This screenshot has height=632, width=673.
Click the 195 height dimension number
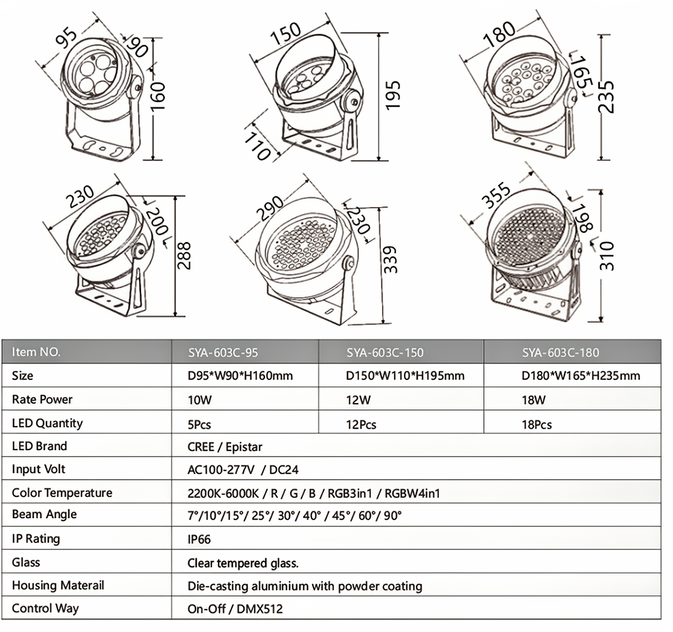(x=393, y=96)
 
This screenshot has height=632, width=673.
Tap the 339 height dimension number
(x=390, y=260)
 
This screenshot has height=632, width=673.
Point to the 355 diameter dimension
(x=496, y=195)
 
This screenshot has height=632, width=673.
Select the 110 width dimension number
(x=257, y=147)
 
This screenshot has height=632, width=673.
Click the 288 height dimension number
(x=184, y=256)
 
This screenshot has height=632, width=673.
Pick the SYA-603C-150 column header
(x=385, y=353)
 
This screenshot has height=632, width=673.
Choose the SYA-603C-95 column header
(x=223, y=353)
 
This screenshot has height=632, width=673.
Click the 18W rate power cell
(x=534, y=400)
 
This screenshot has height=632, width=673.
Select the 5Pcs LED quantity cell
(x=199, y=424)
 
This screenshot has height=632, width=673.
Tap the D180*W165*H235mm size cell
(x=580, y=376)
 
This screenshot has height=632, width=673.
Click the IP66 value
(x=199, y=539)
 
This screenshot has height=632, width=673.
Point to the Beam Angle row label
(x=44, y=514)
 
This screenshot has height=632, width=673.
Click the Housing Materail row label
(x=58, y=585)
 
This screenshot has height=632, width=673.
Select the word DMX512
(x=260, y=609)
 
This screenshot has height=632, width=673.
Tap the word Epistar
(x=244, y=447)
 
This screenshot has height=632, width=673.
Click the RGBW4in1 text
(x=412, y=493)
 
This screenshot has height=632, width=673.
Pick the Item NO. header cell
(x=36, y=352)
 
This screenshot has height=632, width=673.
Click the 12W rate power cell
(x=358, y=400)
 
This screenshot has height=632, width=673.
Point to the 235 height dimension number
(x=606, y=97)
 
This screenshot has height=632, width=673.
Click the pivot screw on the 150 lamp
(x=353, y=102)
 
